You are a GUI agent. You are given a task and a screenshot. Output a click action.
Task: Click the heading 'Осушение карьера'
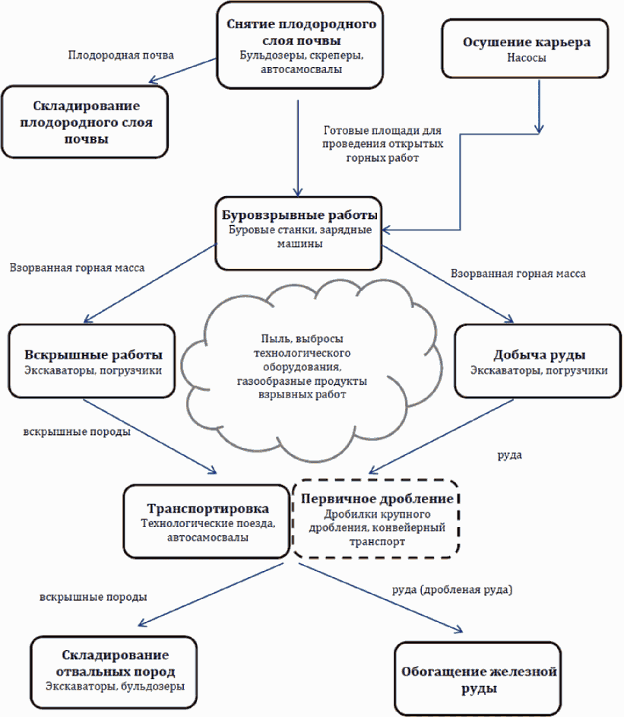point(526,42)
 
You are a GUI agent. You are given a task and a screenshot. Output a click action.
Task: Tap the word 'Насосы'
point(526,58)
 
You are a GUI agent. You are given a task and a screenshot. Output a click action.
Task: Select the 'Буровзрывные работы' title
point(299,214)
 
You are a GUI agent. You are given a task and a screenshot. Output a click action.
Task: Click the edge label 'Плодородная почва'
point(121,56)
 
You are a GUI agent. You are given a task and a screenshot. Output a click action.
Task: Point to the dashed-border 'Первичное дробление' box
point(375,519)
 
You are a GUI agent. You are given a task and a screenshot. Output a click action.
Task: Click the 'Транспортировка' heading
point(207,508)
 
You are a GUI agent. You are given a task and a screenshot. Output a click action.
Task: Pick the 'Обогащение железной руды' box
point(478,678)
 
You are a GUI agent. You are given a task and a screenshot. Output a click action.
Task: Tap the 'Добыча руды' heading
point(539,354)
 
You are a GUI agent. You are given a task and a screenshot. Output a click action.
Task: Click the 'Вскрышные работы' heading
point(93,354)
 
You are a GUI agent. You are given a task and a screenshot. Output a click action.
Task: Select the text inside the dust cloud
point(302,366)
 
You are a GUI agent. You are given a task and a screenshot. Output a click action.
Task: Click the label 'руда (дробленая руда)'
point(452,590)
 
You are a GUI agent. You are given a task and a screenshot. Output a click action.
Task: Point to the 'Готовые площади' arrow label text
point(382,144)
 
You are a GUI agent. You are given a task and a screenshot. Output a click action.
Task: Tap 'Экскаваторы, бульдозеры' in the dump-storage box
point(115,687)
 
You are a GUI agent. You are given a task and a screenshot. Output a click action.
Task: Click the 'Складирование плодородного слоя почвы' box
point(85,122)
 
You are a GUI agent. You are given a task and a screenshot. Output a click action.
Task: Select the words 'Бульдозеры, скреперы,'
point(301,56)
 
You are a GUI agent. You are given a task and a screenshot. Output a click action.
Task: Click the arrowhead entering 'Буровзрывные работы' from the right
point(385,230)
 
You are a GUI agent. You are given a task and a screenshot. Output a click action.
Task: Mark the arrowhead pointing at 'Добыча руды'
point(510,319)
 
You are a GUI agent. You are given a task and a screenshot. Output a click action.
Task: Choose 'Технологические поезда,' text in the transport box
point(207,523)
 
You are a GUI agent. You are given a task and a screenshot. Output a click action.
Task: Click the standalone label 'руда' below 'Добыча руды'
point(510,455)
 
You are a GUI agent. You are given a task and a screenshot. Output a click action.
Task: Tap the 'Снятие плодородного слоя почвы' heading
point(301,32)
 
